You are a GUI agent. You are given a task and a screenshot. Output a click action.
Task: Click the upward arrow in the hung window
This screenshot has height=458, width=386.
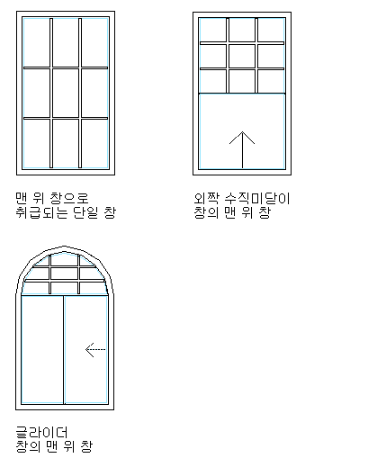coord(242,149)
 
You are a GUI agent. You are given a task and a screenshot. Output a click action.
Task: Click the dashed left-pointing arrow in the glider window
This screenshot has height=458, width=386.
coord(95,350)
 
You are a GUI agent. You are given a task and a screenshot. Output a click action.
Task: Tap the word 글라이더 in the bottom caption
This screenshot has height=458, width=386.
coord(41,433)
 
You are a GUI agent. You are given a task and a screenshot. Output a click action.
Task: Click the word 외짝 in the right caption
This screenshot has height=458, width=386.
coord(206,199)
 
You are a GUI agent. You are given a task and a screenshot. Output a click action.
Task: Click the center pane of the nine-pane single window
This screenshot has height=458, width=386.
coord(66,93)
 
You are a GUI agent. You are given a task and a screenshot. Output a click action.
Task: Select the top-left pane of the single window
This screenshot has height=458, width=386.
coord(37,42)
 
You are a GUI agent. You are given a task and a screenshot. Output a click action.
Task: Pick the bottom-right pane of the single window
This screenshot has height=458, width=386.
coord(94,143)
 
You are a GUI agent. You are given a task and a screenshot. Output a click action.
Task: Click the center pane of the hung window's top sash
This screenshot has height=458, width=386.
coord(242,56)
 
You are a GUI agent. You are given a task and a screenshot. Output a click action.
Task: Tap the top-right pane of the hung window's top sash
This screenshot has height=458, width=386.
coord(271,30)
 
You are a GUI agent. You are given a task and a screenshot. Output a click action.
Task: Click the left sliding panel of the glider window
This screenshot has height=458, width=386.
coord(42,350)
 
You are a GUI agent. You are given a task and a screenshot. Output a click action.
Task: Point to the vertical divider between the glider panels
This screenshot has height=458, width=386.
coord(64,350)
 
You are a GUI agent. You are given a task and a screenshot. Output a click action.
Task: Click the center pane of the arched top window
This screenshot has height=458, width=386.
coord(64,274)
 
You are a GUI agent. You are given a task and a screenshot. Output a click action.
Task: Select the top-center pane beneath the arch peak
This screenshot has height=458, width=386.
coord(64,260)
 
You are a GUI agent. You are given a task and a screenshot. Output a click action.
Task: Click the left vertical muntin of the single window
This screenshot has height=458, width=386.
coord(51,93)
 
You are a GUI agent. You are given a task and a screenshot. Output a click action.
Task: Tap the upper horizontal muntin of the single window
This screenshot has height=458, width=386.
coord(66,68)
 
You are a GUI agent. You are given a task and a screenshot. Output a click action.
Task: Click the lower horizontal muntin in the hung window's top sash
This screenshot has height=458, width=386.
coord(242,68)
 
